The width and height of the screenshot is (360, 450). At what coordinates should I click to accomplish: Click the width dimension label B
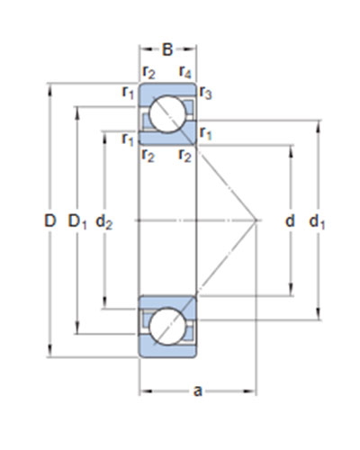point(167,49)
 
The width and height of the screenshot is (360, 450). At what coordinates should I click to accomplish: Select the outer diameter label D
point(50,220)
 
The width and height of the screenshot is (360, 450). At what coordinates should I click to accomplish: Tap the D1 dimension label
point(77,222)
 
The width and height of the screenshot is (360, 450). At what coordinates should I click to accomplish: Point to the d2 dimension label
point(103,222)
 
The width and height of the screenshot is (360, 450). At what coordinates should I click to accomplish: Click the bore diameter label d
point(290,221)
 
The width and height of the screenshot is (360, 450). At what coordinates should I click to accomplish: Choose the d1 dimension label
point(317,222)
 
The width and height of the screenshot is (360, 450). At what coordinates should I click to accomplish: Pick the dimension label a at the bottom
point(198,391)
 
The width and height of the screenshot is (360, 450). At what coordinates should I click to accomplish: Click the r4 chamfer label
point(184,72)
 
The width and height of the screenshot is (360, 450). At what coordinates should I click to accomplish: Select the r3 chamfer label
point(205,93)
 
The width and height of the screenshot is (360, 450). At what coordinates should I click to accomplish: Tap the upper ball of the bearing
point(167,114)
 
